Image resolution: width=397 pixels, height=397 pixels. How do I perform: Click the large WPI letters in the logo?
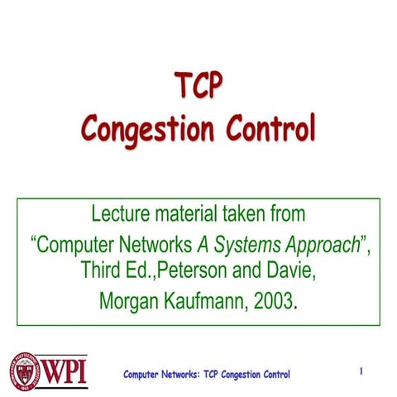pyautogui.click(x=68, y=371)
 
